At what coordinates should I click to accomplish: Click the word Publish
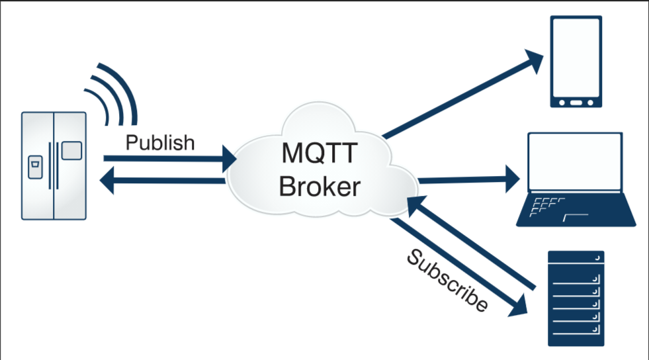[160, 142]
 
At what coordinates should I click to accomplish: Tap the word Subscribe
[447, 281]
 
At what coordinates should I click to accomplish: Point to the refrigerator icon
[54, 165]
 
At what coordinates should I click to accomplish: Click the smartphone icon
[576, 62]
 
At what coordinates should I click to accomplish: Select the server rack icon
[576, 298]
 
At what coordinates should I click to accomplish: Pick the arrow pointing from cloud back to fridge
[165, 181]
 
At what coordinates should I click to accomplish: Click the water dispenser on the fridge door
[34, 167]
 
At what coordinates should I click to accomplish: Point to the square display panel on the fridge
[71, 151]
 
